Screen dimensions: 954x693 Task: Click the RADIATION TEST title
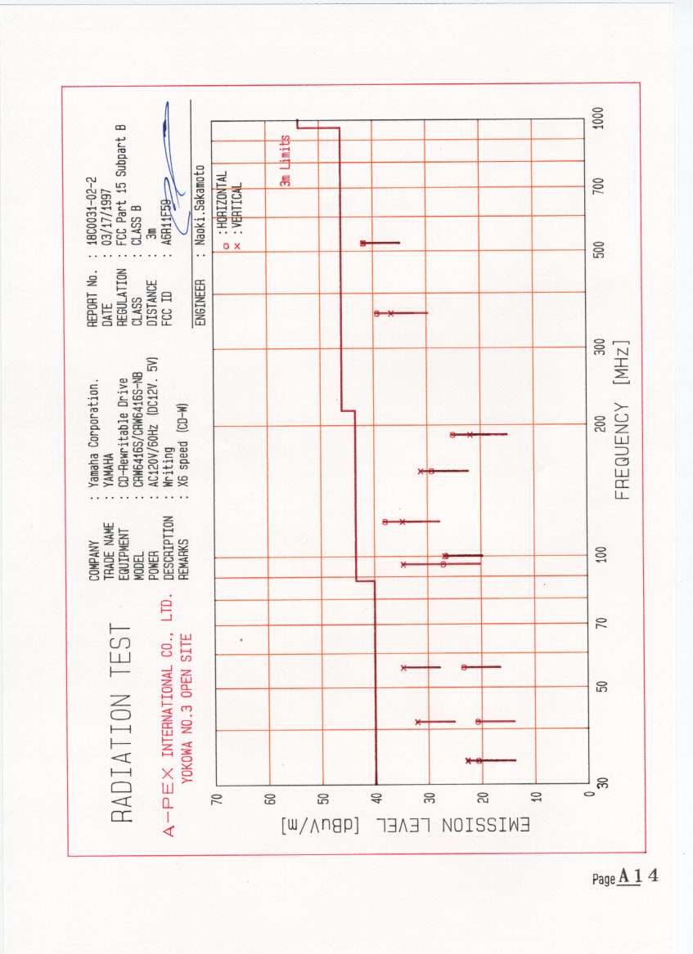point(120,724)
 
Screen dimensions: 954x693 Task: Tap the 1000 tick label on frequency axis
point(600,117)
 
